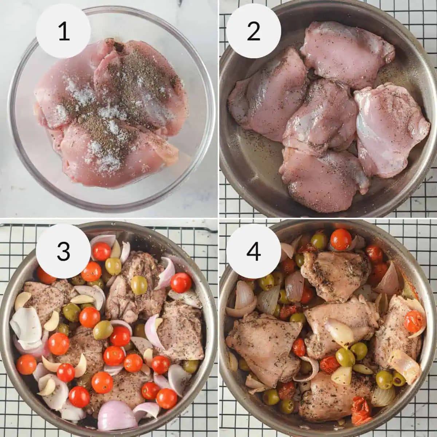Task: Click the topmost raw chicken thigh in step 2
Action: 346,55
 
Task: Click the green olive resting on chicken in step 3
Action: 139,284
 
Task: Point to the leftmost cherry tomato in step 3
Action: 26,364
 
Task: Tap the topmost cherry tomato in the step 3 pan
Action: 102,251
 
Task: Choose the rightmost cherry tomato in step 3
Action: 181,283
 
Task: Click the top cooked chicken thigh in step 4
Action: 335,275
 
